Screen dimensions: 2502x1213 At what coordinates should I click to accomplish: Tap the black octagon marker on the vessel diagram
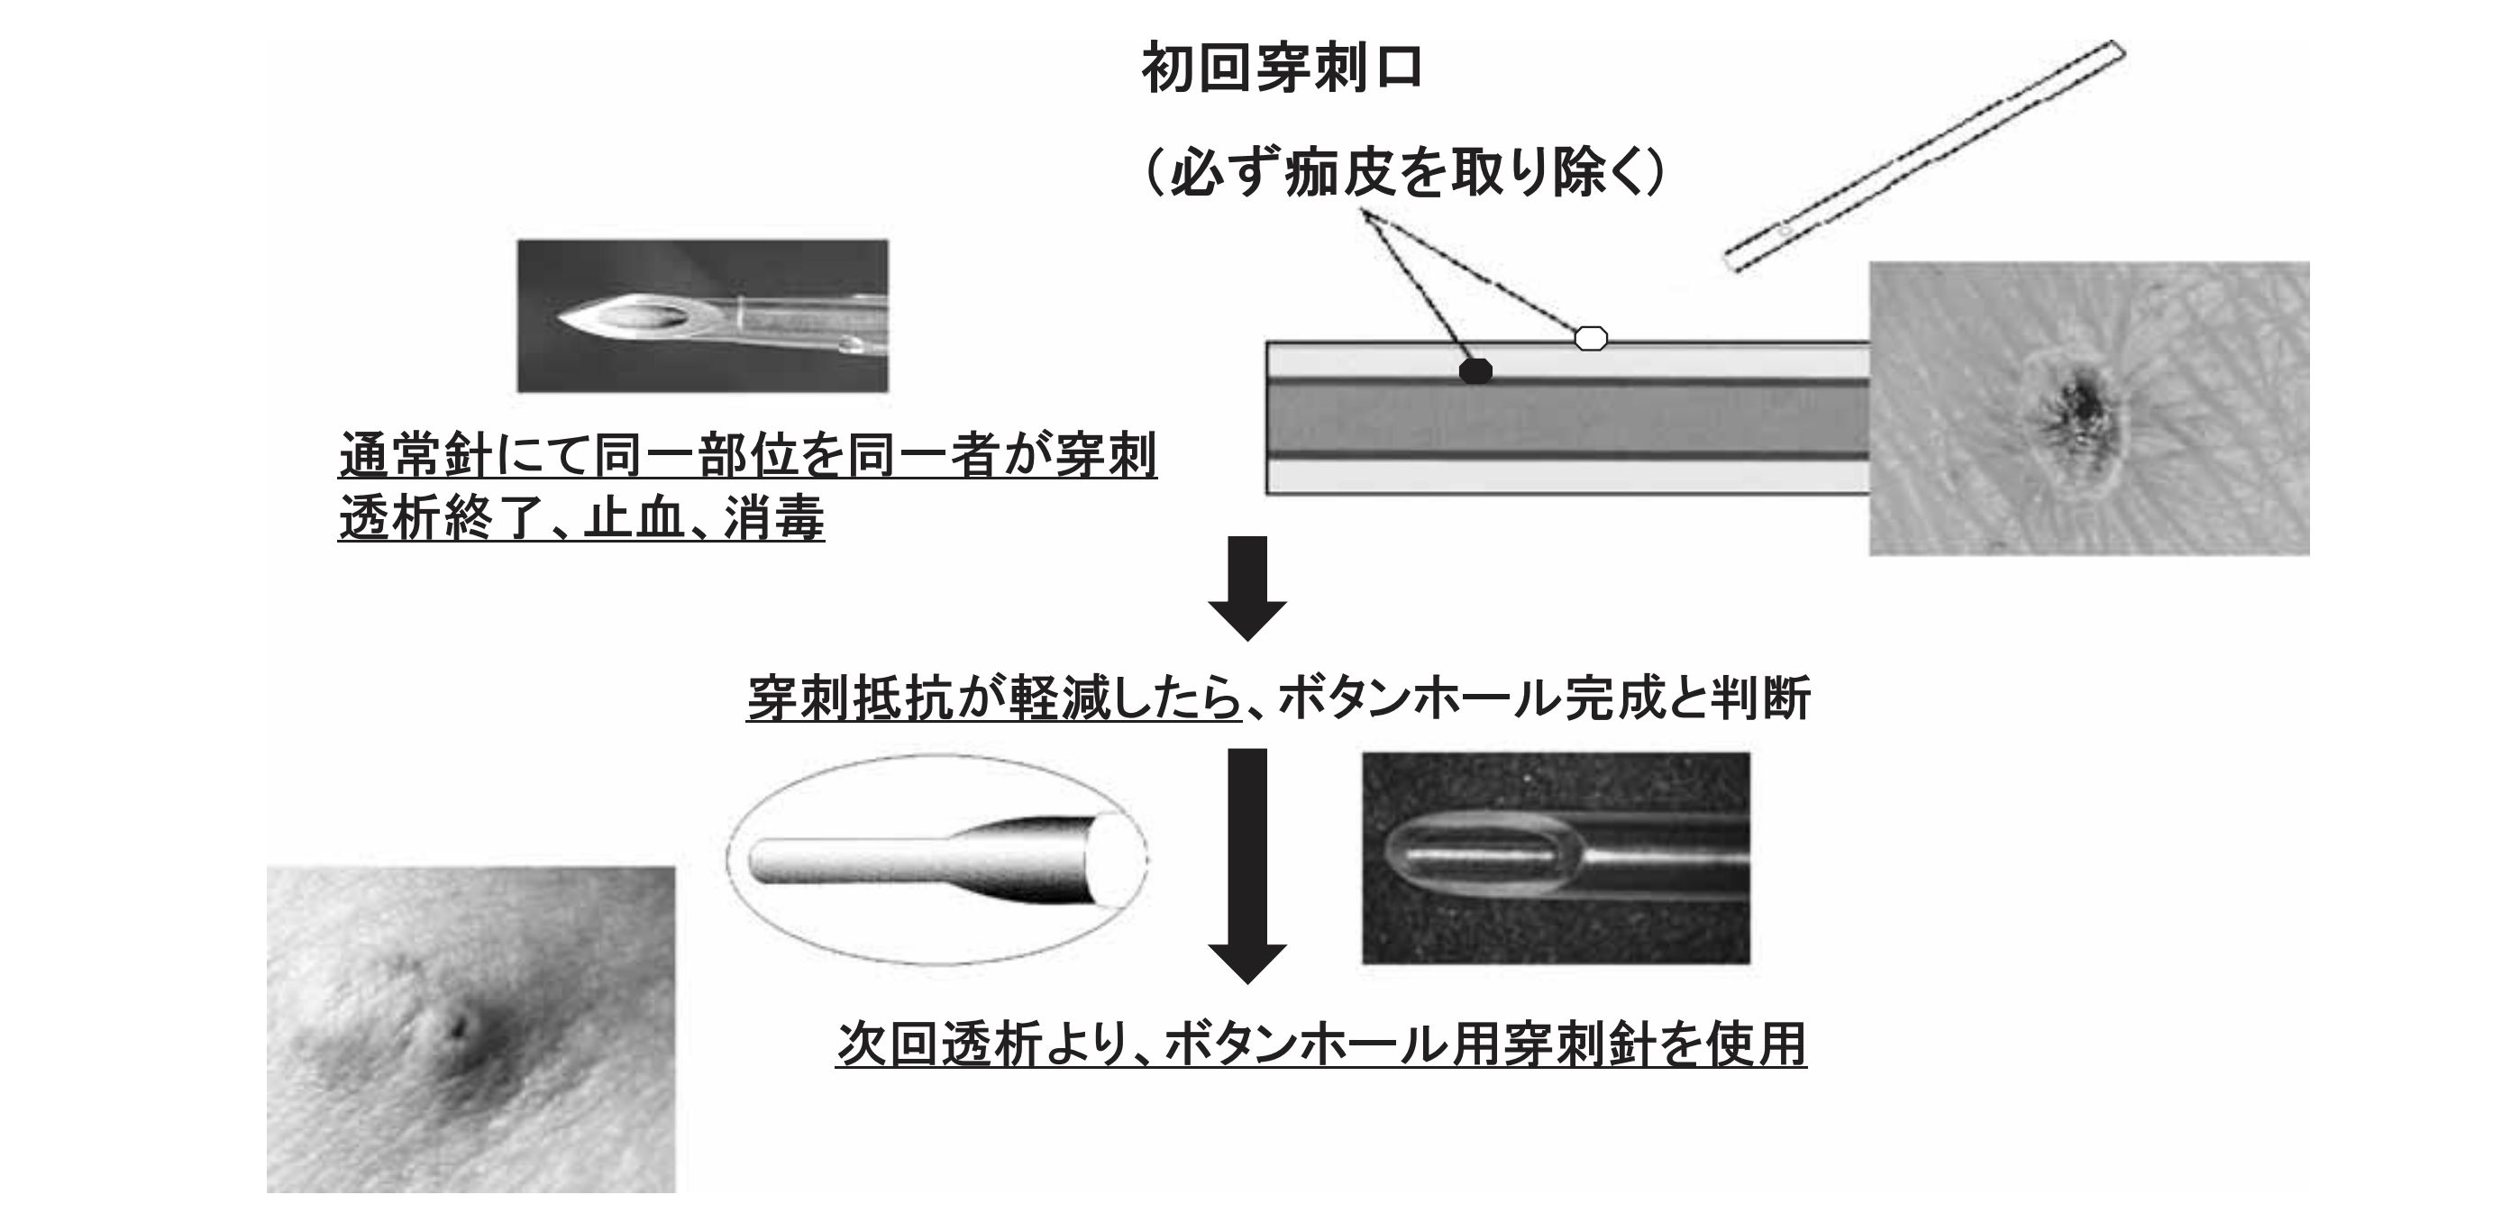point(1475,370)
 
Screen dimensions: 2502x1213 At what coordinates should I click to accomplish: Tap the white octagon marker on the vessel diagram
point(1590,338)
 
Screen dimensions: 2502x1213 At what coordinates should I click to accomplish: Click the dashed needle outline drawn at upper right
point(1923,154)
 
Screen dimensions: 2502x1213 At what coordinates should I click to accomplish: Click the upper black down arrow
point(1247,587)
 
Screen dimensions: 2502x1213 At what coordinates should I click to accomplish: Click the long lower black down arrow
point(1247,864)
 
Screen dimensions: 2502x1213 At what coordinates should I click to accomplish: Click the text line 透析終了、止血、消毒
point(580,517)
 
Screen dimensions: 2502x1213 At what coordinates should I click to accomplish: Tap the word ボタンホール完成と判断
point(1542,698)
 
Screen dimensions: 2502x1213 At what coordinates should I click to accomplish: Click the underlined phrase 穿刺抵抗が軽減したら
point(993,698)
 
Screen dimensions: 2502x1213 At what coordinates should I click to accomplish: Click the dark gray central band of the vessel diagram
point(1566,417)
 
